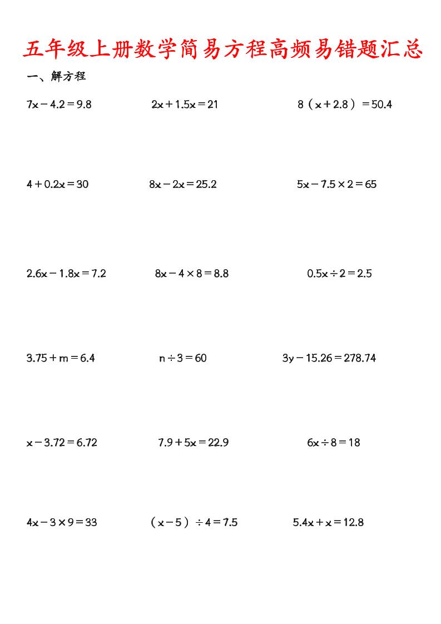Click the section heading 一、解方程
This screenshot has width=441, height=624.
[56, 77]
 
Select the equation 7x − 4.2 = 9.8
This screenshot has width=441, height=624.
[59, 105]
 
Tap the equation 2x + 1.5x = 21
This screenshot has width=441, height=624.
[185, 105]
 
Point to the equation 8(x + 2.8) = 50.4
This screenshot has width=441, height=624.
[345, 105]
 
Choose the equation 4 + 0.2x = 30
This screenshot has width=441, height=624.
[57, 184]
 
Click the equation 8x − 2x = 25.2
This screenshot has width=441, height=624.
[183, 184]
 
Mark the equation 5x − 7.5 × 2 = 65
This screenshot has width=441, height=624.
[337, 184]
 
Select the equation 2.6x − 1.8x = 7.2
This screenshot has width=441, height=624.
[66, 273]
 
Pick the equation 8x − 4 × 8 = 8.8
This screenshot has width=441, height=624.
[192, 273]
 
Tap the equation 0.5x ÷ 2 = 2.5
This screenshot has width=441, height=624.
[339, 273]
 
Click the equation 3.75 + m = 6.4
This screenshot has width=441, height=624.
[61, 358]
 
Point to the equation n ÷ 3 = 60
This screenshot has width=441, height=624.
[183, 358]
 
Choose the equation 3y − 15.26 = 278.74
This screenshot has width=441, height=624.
[329, 358]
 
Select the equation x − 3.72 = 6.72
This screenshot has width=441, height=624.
[62, 443]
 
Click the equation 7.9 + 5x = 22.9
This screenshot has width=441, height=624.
[194, 443]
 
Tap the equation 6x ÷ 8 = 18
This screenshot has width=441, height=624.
[334, 443]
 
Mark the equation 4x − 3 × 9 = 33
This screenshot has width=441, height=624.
[62, 522]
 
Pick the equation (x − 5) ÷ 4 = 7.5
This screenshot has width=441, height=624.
[194, 522]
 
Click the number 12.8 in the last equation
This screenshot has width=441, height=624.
[354, 522]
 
